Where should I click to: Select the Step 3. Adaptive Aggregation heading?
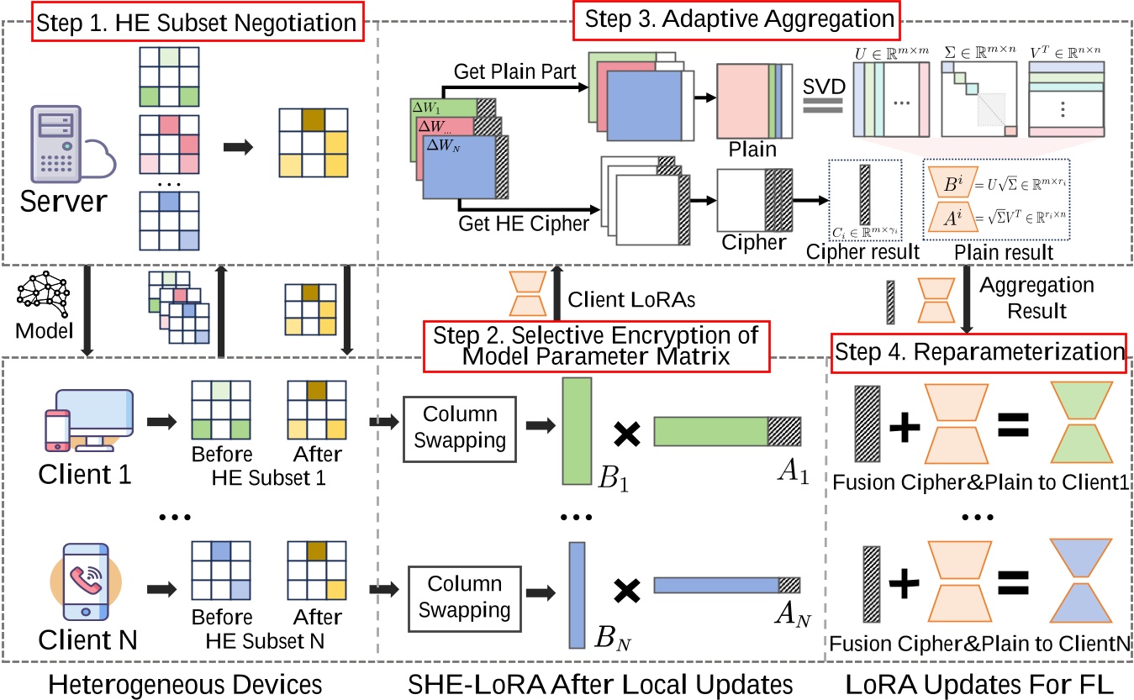tap(734, 18)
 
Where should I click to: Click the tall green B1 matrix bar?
tap(576, 432)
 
